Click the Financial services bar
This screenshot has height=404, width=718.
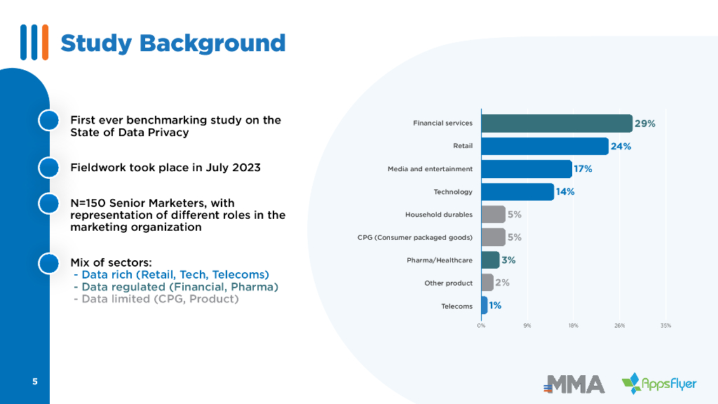pyautogui.click(x=557, y=123)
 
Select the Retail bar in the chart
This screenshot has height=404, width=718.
pyautogui.click(x=545, y=146)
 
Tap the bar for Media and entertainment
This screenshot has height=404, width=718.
pyautogui.click(x=527, y=169)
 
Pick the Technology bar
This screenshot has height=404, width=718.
pyautogui.click(x=517, y=191)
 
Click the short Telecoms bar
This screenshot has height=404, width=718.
pyautogui.click(x=485, y=306)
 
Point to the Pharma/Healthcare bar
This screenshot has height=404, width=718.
pyautogui.click(x=490, y=260)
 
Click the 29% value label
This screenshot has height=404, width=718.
pyautogui.click(x=645, y=123)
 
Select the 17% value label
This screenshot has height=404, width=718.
pyautogui.click(x=583, y=169)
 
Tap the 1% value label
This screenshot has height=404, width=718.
pyautogui.click(x=495, y=306)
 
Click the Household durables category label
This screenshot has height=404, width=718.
pyautogui.click(x=439, y=215)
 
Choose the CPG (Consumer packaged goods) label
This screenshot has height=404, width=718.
pyautogui.click(x=415, y=237)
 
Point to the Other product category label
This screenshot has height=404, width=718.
pyautogui.click(x=449, y=283)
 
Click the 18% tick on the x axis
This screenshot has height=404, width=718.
pyautogui.click(x=573, y=326)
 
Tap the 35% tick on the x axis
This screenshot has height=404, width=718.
pyautogui.click(x=665, y=326)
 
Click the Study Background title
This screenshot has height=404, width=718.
pyautogui.click(x=173, y=43)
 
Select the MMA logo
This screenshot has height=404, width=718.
pyautogui.click(x=574, y=384)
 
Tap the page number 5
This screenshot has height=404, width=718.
pyautogui.click(x=34, y=382)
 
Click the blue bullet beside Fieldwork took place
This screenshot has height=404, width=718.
pyautogui.click(x=48, y=168)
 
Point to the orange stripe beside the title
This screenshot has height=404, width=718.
pyautogui.click(x=45, y=42)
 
